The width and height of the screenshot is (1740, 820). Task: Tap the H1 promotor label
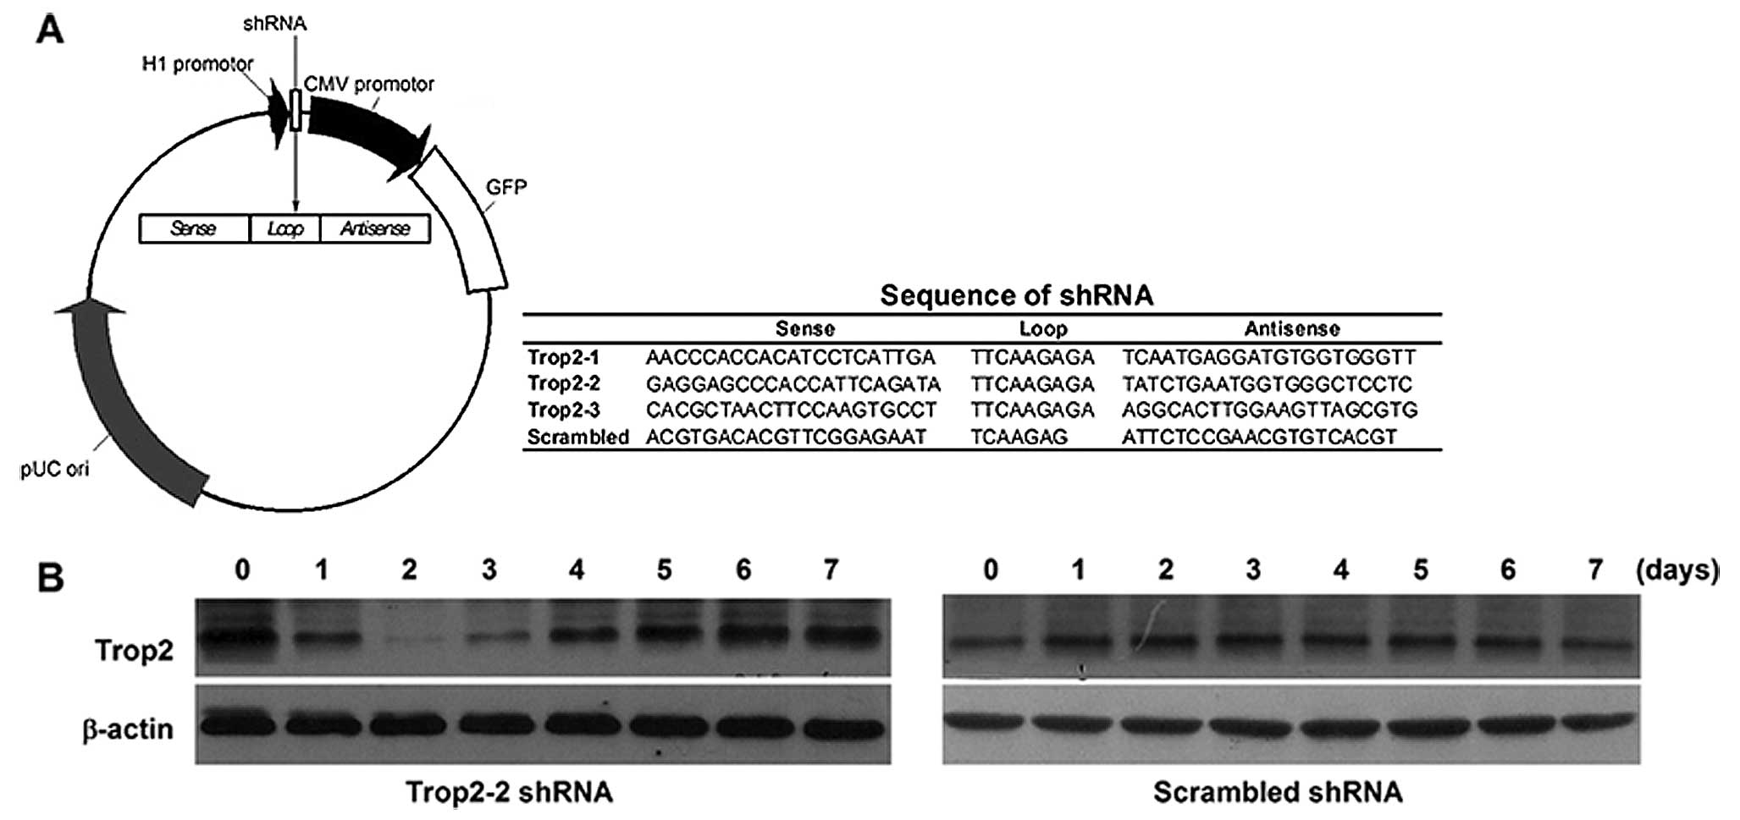tap(197, 64)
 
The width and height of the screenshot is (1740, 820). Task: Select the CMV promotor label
tap(369, 84)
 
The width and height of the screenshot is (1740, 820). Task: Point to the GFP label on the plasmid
tap(505, 186)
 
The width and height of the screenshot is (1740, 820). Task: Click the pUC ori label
tap(55, 468)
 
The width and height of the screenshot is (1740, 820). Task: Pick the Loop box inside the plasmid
tap(285, 228)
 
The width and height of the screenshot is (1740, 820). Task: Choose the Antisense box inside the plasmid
tap(375, 228)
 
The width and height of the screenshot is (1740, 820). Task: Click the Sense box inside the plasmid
tap(194, 228)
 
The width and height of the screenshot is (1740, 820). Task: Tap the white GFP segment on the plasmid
tap(461, 220)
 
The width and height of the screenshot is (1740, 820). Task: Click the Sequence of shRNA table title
tap(1016, 295)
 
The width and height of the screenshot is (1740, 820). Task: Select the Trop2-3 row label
tap(564, 410)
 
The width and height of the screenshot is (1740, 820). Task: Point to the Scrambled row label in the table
tap(578, 438)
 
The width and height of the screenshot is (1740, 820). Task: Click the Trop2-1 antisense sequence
tap(1269, 357)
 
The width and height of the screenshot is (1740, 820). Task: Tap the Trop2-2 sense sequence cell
tap(793, 384)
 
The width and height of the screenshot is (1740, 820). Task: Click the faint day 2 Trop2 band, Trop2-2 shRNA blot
tap(410, 642)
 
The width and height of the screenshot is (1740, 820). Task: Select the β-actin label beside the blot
tap(129, 729)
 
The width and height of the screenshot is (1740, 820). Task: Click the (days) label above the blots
tap(1676, 570)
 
